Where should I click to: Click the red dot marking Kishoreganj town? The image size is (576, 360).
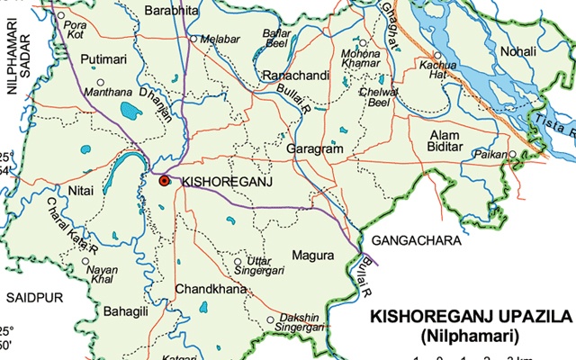point(164,181)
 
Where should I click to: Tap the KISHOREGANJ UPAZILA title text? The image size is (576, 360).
point(472,319)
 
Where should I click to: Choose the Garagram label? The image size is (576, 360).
point(315,148)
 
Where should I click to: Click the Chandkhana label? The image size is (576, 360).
point(204,290)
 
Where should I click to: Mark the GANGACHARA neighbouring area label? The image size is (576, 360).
point(416,241)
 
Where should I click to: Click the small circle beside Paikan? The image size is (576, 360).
point(513,154)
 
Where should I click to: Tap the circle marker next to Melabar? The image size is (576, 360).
point(193,40)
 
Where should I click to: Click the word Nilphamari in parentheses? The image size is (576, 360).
point(471,337)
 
